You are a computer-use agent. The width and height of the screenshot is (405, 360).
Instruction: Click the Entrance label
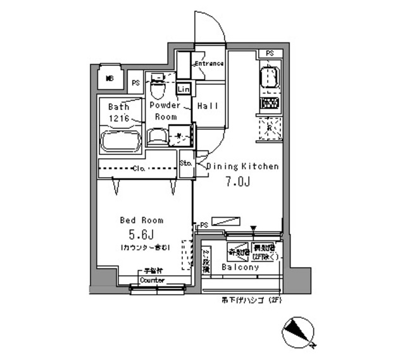209,63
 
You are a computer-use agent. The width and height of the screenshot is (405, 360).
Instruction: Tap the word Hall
208,106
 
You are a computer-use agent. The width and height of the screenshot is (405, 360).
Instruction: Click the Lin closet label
184,90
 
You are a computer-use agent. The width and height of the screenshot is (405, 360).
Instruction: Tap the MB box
110,78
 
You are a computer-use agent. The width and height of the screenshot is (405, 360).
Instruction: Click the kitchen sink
269,80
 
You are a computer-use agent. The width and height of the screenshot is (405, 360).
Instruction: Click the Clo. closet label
140,169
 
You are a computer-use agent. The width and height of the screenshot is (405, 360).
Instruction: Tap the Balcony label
240,268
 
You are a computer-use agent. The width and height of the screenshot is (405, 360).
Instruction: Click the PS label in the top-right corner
270,53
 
